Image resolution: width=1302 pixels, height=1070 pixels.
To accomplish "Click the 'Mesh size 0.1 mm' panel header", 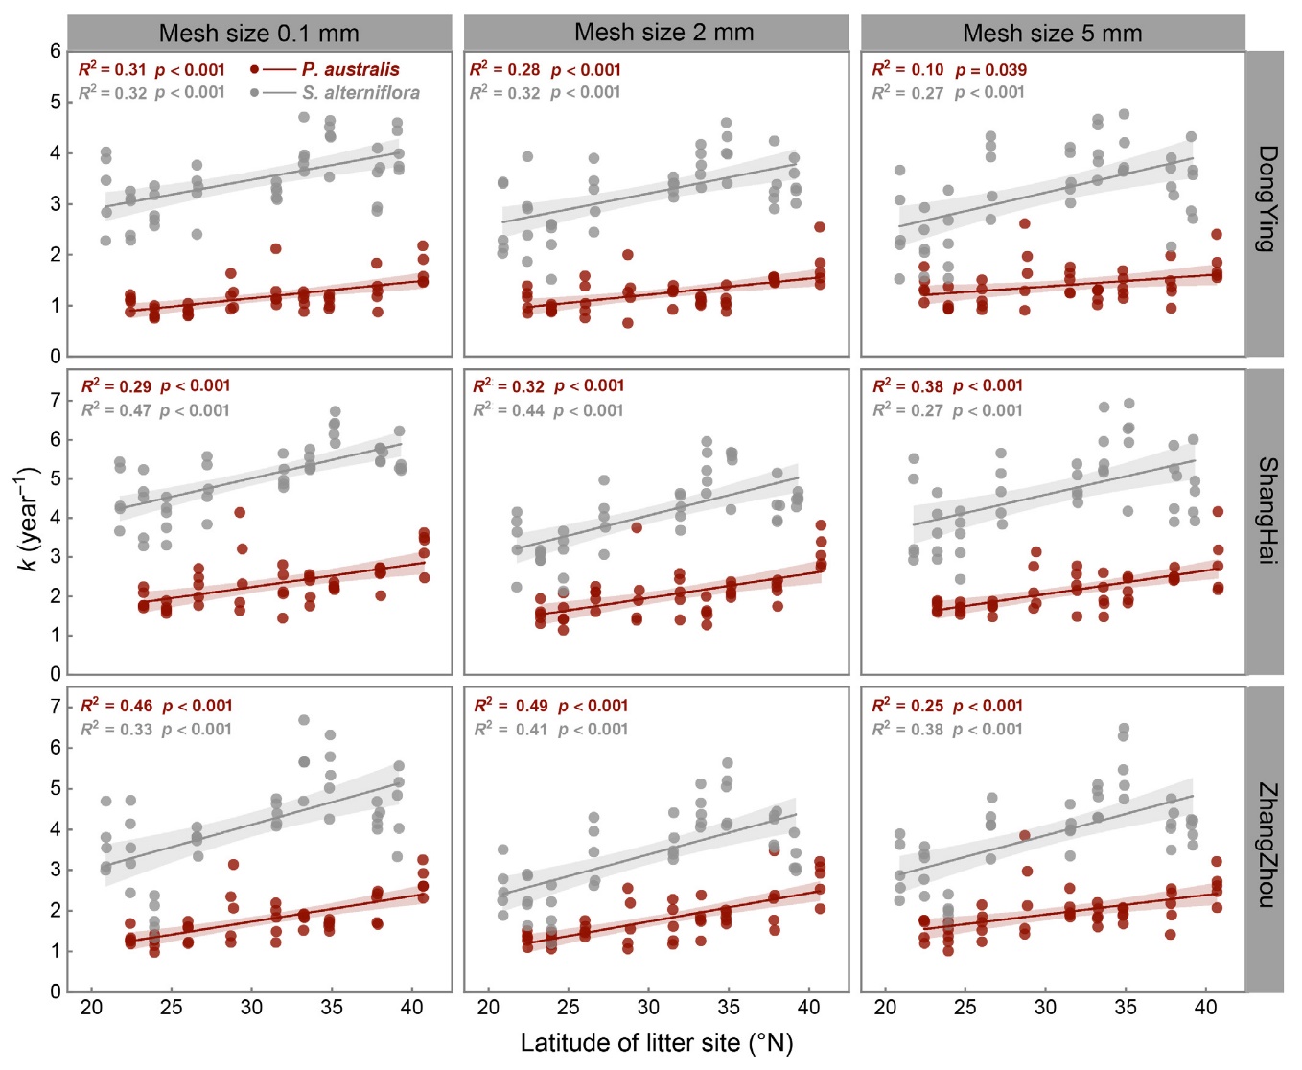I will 259,34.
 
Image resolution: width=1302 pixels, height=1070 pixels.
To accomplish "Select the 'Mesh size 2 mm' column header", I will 663,33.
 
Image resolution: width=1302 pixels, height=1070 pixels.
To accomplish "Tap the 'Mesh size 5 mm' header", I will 1052,34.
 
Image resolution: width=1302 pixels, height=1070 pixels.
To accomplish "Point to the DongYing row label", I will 1267,198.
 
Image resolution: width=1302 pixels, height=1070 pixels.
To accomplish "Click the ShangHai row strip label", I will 1267,510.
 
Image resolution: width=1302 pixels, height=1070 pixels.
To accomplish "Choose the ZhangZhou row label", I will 1267,844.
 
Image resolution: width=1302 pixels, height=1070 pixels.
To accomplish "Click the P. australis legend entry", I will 350,70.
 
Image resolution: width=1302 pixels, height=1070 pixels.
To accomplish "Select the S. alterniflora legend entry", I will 360,93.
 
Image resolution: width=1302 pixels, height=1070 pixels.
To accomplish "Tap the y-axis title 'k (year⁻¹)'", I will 29,519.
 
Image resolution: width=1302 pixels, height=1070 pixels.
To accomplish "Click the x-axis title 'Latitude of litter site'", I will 657,1043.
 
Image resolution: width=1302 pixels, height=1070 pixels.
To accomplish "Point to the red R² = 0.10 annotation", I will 907,70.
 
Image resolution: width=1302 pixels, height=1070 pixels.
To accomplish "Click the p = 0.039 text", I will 990,70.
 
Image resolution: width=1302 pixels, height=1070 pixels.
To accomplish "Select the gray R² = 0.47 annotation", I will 116,410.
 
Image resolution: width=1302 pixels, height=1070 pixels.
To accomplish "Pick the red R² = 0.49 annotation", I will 511,706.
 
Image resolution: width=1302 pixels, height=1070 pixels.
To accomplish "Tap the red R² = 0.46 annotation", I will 116,706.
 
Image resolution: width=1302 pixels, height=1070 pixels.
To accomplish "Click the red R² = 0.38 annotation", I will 907,386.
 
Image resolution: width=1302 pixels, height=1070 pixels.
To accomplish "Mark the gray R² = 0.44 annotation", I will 508,410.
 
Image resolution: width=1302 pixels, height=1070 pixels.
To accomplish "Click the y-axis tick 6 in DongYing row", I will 56,52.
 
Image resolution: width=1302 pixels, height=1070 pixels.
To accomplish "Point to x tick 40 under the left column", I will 411,1008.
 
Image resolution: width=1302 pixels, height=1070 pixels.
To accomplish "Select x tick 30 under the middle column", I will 648,1008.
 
